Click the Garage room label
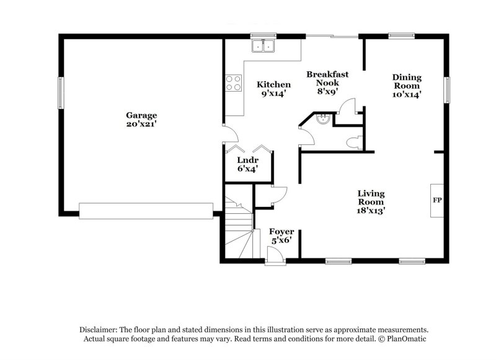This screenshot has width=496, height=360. (141, 115)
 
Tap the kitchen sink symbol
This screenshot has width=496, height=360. (263, 46)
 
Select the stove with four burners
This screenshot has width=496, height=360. (234, 83)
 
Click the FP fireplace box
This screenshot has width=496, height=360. (436, 201)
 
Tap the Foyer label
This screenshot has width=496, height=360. (281, 232)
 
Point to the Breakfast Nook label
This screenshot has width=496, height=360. (327, 78)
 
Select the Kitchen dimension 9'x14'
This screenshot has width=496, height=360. (273, 94)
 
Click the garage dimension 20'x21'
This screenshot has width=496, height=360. (141, 124)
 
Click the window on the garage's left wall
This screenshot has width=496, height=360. (61, 92)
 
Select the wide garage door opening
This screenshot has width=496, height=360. (146, 211)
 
